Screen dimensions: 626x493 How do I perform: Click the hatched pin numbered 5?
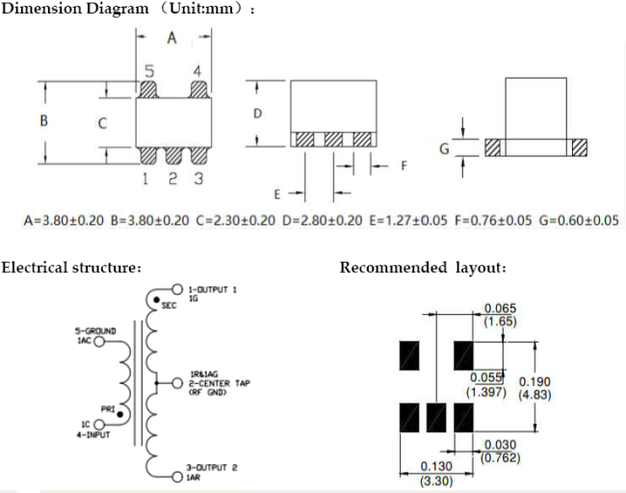pos(149,90)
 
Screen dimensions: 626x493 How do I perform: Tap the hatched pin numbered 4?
pos(198,90)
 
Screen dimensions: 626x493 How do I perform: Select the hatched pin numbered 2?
pos(173,156)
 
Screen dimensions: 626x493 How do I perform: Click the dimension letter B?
pos(44,120)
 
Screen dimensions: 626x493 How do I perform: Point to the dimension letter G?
pos(444,149)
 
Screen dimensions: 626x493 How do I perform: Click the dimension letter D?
pos(257,114)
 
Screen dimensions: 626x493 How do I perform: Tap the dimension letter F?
pos(404,166)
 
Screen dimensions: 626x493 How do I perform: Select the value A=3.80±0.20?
pos(64,221)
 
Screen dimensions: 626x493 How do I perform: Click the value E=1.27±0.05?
pos(408,221)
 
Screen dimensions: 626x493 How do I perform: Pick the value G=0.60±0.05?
pos(579,221)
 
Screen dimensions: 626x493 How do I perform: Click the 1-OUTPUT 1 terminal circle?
pos(177,289)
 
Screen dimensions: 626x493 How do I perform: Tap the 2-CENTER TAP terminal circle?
pos(177,383)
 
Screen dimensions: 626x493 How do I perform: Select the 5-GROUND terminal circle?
pos(98,341)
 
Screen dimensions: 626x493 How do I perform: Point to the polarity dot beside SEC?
pos(156,299)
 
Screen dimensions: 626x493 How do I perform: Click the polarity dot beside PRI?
pos(120,414)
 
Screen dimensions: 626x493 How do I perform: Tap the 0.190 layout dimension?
pos(535,382)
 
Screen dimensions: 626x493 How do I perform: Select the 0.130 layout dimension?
pos(436,466)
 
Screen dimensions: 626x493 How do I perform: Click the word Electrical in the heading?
pos(35,267)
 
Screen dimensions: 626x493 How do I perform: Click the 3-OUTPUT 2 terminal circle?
pos(177,477)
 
